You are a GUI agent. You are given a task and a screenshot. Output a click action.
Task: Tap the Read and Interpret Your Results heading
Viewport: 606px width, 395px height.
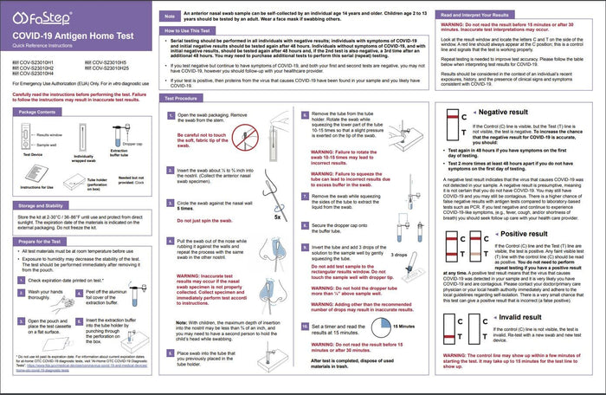coord(489,15)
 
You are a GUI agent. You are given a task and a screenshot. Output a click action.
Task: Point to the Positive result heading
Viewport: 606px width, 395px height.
coord(509,234)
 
